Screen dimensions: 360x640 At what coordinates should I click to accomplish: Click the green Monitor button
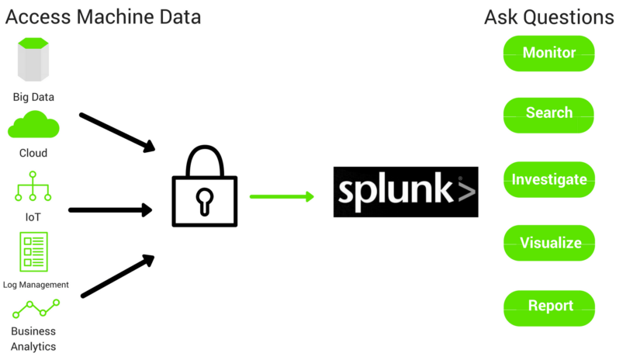pos(548,54)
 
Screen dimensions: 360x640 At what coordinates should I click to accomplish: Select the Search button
pos(548,114)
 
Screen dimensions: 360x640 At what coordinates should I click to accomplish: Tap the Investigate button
pos(548,180)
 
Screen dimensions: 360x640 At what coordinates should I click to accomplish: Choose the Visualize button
pos(548,244)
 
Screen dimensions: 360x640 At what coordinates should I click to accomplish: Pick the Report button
pos(548,306)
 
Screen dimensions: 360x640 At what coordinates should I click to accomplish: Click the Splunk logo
pos(405,191)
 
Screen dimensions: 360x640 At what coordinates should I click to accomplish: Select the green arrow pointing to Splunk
pos(282,196)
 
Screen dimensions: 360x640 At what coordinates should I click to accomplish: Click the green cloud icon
pos(33,126)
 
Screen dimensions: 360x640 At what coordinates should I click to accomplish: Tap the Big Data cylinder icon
pos(33,61)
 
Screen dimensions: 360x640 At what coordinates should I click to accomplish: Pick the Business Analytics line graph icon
pos(36,310)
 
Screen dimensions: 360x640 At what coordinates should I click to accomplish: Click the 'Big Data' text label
pos(33,98)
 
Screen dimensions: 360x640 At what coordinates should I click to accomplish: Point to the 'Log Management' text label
pos(36,285)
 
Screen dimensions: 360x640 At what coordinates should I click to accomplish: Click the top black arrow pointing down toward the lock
pos(117,132)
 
